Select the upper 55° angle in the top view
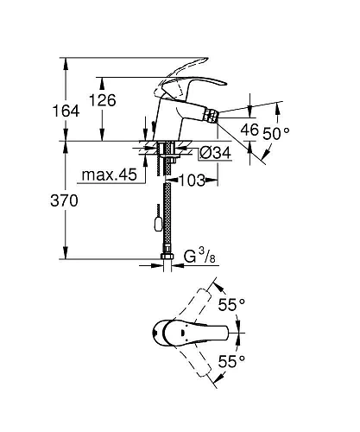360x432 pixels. (233, 304)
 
